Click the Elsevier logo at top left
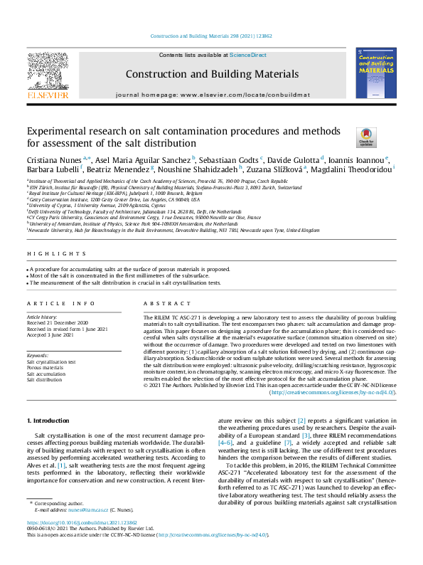pyautogui.click(x=47, y=76)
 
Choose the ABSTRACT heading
pyautogui.click(x=158, y=303)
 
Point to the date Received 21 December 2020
pyautogui.click(x=59, y=322)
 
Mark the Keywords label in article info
pyautogui.click(x=38, y=355)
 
